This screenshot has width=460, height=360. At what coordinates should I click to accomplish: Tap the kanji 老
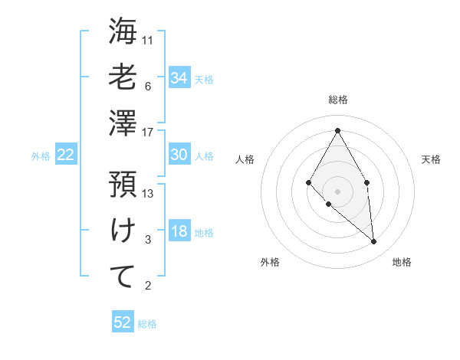click(x=123, y=78)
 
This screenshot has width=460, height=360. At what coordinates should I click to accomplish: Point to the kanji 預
click(x=123, y=185)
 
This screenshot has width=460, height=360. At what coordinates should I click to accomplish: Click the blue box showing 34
click(x=179, y=78)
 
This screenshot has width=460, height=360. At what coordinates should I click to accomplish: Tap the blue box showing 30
click(x=179, y=155)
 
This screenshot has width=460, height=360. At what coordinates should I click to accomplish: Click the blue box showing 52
click(x=123, y=322)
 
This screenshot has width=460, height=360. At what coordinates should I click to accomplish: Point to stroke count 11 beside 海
click(x=149, y=40)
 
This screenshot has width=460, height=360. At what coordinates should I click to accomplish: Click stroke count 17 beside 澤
click(x=149, y=133)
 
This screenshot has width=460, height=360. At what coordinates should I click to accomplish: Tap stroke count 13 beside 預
click(x=149, y=194)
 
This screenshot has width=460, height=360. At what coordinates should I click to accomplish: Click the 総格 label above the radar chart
click(x=337, y=100)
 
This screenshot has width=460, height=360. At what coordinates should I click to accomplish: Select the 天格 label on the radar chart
click(x=431, y=159)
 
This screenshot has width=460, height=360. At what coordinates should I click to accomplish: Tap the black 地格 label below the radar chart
click(x=402, y=262)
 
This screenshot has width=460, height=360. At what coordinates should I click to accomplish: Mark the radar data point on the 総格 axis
click(x=337, y=129)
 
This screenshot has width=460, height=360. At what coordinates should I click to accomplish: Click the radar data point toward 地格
click(x=374, y=242)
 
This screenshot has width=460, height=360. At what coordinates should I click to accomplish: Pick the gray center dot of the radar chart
click(x=337, y=191)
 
